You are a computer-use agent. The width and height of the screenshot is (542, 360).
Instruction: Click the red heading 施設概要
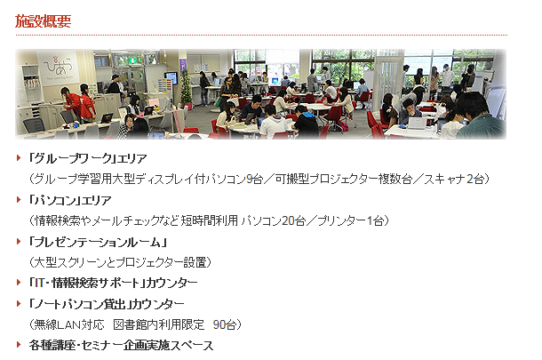pos(43,21)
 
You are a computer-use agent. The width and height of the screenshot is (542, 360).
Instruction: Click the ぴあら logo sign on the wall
pos(58,67)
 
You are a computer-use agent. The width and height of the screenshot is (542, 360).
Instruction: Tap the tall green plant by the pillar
pos(186,87)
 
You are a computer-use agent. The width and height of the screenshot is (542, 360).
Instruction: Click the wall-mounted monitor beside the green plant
pos(171,78)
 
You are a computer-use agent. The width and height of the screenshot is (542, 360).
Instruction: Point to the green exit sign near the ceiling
pos(133,60)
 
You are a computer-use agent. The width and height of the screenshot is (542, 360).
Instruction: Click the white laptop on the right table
pos(418,123)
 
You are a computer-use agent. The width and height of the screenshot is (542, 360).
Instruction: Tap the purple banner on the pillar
pos(182,66)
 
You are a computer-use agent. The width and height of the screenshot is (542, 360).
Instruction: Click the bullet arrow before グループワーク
pos(19,158)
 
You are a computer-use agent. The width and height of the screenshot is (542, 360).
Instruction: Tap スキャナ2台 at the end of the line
pos(454,180)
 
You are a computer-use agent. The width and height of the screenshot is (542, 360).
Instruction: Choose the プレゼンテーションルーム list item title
pos(98,242)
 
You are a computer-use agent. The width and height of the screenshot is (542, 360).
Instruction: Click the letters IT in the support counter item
pos(39,284)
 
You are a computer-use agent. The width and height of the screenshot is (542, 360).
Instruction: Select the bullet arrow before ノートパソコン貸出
pos(19,304)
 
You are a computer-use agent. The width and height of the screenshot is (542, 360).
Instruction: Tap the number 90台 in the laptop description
pos(225,324)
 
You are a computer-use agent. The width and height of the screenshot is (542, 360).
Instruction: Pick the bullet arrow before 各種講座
pos(19,344)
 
